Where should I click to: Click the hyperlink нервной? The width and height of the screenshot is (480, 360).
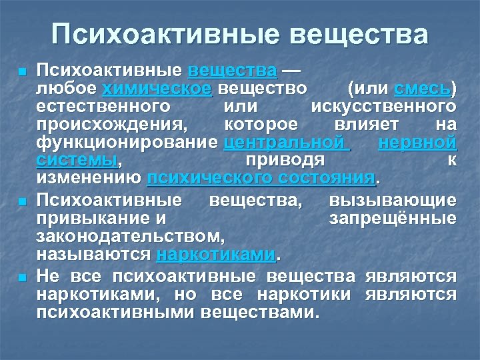[417, 142]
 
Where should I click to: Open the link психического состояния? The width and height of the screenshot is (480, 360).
[261, 178]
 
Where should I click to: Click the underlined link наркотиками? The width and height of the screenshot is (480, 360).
[215, 255]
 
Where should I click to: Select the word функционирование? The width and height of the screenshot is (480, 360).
[127, 142]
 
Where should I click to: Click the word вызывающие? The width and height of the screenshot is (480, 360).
[393, 201]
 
